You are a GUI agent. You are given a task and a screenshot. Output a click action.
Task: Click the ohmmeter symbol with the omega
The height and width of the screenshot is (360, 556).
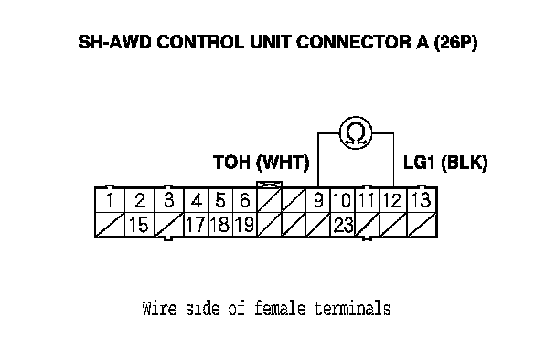click(356, 132)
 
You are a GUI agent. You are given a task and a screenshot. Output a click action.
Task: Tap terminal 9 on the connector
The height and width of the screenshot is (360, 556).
click(318, 200)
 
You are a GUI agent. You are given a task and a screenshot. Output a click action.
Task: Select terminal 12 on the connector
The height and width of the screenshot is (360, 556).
click(393, 200)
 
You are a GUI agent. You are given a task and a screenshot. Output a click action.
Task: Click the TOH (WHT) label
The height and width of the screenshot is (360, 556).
click(262, 163)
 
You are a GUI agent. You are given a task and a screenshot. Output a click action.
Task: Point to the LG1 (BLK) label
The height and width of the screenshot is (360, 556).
click(445, 163)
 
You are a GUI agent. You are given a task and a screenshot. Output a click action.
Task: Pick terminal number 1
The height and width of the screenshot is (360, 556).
click(110, 200)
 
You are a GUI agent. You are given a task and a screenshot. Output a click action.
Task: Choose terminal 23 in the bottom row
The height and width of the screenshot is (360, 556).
click(343, 225)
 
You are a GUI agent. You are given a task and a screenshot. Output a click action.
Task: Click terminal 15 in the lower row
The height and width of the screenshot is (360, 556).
click(139, 225)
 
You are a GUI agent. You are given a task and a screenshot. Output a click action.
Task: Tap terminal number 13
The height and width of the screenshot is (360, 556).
click(422, 200)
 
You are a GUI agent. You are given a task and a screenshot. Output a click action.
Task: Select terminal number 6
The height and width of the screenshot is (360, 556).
click(245, 200)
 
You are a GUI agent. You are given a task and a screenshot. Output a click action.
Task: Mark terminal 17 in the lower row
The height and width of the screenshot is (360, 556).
click(196, 225)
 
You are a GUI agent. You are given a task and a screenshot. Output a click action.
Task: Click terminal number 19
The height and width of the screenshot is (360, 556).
click(245, 225)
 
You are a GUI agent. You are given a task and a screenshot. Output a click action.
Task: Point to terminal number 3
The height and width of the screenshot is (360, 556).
click(169, 200)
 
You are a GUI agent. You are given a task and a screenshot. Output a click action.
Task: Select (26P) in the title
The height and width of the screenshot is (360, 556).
click(455, 43)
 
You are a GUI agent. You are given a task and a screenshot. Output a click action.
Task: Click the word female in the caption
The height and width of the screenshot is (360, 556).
click(280, 308)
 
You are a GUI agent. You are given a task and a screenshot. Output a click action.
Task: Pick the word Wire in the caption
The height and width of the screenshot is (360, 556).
click(159, 308)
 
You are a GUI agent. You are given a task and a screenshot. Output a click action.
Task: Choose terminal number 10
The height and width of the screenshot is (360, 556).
click(343, 200)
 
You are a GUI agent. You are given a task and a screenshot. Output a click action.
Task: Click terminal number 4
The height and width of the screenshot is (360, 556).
click(196, 200)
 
